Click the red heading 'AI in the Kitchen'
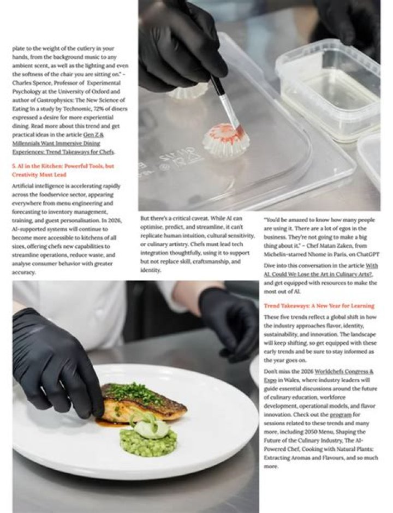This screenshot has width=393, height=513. [x=33, y=166]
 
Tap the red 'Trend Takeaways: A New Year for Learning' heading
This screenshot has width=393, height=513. [x=319, y=306]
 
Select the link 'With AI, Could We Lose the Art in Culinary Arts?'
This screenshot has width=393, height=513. [x=321, y=270]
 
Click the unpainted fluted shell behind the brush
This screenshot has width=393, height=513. [x=188, y=91]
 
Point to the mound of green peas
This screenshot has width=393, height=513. [x=148, y=443]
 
